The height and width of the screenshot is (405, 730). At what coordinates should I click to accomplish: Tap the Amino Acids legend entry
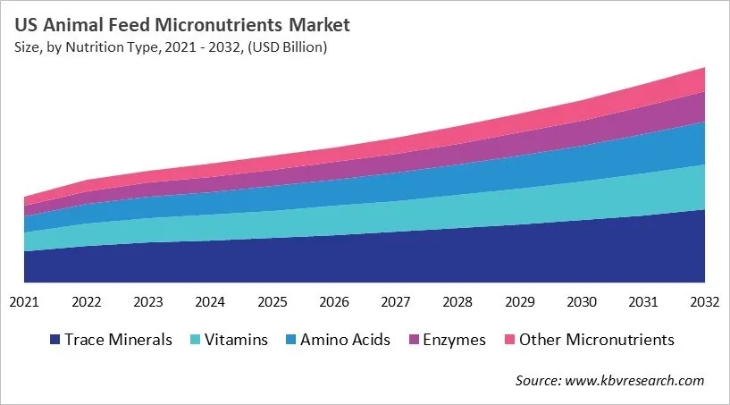coord(344,340)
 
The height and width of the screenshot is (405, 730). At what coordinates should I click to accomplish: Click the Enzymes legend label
coord(456,340)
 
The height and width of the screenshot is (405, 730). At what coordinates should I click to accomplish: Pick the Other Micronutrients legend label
coord(596,340)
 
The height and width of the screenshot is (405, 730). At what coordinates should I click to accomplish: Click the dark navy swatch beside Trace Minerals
coord(55,340)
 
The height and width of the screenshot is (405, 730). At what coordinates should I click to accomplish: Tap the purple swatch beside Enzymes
coord(415,340)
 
